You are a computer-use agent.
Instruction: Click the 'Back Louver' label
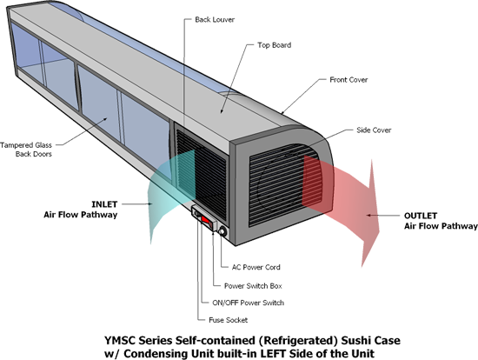pyautogui.click(x=215, y=20)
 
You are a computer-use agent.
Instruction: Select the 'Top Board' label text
pyautogui.click(x=275, y=45)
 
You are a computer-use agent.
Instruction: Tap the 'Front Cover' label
pyautogui.click(x=349, y=80)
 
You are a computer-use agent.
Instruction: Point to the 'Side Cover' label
pyautogui.click(x=374, y=130)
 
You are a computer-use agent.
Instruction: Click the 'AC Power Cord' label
pyautogui.click(x=256, y=267)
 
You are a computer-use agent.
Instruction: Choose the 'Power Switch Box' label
pyautogui.click(x=253, y=286)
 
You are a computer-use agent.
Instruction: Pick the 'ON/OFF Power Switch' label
pyautogui.click(x=249, y=303)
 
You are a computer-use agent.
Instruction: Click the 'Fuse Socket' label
pyautogui.click(x=228, y=320)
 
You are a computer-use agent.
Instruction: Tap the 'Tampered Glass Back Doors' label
pyautogui.click(x=26, y=150)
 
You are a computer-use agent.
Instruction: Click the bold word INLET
pyautogui.click(x=104, y=204)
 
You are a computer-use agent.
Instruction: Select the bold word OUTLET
pyautogui.click(x=421, y=216)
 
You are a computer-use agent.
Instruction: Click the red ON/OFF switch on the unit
pyautogui.click(x=206, y=220)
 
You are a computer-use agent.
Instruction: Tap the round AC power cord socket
pyautogui.click(x=222, y=232)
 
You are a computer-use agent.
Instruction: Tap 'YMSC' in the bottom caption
pyautogui.click(x=120, y=340)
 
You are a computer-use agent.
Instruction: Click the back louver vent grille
pyautogui.click(x=202, y=174)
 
